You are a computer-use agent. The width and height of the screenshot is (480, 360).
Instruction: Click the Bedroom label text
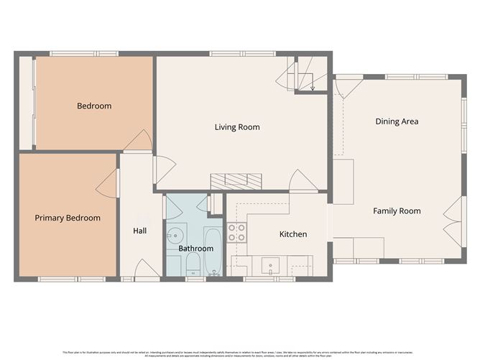pos(94,106)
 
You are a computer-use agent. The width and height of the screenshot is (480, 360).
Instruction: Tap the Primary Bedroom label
pos(68,218)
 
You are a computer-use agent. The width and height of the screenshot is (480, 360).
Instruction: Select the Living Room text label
pos(236,127)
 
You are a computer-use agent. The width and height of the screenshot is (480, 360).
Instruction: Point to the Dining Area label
pos(397,121)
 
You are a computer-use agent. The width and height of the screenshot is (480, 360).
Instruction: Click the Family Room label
pos(397,211)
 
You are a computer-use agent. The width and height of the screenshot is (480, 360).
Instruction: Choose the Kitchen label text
pos(292,234)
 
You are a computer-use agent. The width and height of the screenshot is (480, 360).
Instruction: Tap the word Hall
pos(140,231)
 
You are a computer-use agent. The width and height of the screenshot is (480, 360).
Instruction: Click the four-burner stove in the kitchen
pos(236,232)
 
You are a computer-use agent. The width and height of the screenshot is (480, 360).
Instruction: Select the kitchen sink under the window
pos(270,266)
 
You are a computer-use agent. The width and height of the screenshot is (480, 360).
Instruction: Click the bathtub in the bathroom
pos(213,251)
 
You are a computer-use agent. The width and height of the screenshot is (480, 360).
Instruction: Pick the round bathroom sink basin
pos(175,236)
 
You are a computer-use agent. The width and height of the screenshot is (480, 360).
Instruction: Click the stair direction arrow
pos(313,84)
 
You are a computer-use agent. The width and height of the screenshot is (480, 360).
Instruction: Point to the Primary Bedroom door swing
pos(109,184)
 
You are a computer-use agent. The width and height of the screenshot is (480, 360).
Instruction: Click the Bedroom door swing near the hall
pos(138,142)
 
